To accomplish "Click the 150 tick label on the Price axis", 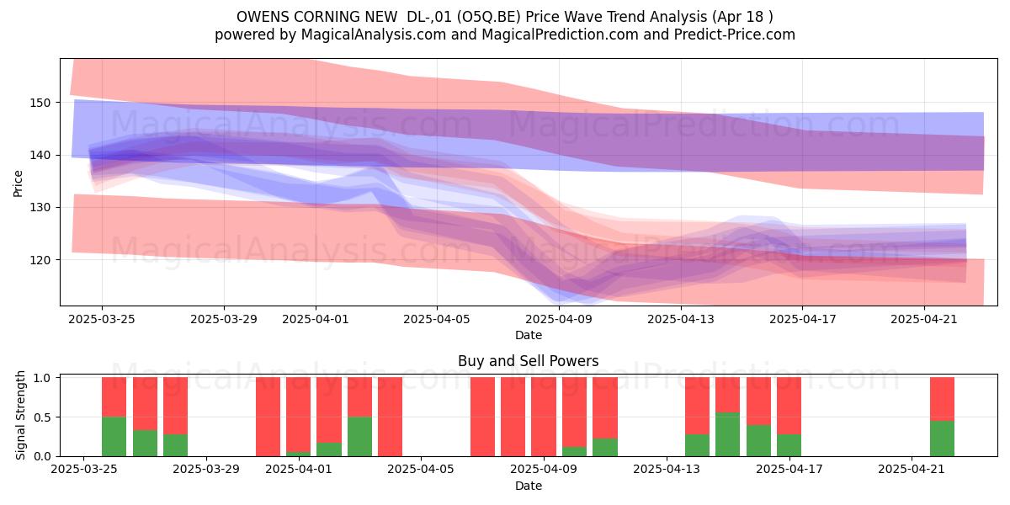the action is [x=40, y=103].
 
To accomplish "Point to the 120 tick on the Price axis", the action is [x=40, y=260].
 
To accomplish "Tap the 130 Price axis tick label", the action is [x=40, y=208].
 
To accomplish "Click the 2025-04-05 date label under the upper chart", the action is [x=437, y=319].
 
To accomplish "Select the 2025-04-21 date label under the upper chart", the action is [x=924, y=319].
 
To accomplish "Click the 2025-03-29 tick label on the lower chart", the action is [x=206, y=469].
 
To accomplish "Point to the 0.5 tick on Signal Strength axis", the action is [x=43, y=417].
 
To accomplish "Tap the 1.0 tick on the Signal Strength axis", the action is [x=43, y=378].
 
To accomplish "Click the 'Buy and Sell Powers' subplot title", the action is [x=528, y=361].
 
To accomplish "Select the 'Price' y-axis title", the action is [x=18, y=183].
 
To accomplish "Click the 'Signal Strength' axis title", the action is [x=20, y=415].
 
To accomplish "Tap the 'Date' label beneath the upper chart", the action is [x=529, y=335].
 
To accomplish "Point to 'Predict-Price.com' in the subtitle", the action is [x=735, y=35].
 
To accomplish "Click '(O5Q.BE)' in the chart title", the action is [x=488, y=17].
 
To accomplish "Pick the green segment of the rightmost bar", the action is [x=942, y=439].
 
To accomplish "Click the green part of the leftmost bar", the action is [x=114, y=437].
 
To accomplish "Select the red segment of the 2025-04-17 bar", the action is [x=789, y=406].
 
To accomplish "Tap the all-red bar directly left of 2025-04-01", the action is [x=268, y=417].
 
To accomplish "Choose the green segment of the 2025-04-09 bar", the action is [x=574, y=451].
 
